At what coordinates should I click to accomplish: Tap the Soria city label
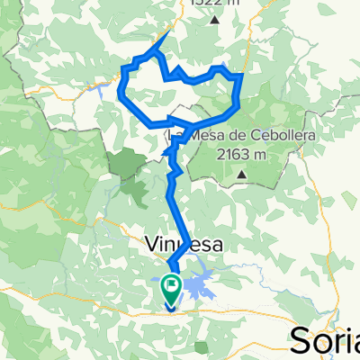click(326, 341)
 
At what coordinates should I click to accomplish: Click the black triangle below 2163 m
click(241, 185)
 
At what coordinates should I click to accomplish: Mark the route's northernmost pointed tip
click(168, 32)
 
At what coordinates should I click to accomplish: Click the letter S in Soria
click(301, 342)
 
